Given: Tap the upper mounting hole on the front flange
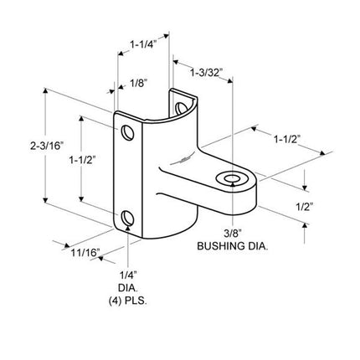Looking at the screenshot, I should pos(126,133).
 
